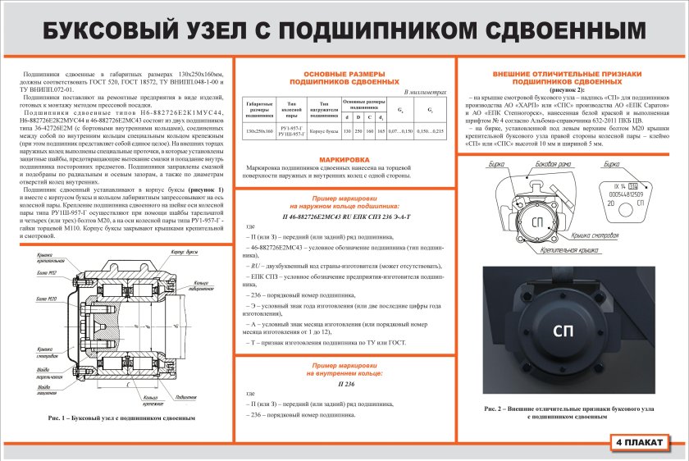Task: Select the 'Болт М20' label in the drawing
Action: click(47, 299)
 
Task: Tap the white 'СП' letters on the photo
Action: click(563, 331)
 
